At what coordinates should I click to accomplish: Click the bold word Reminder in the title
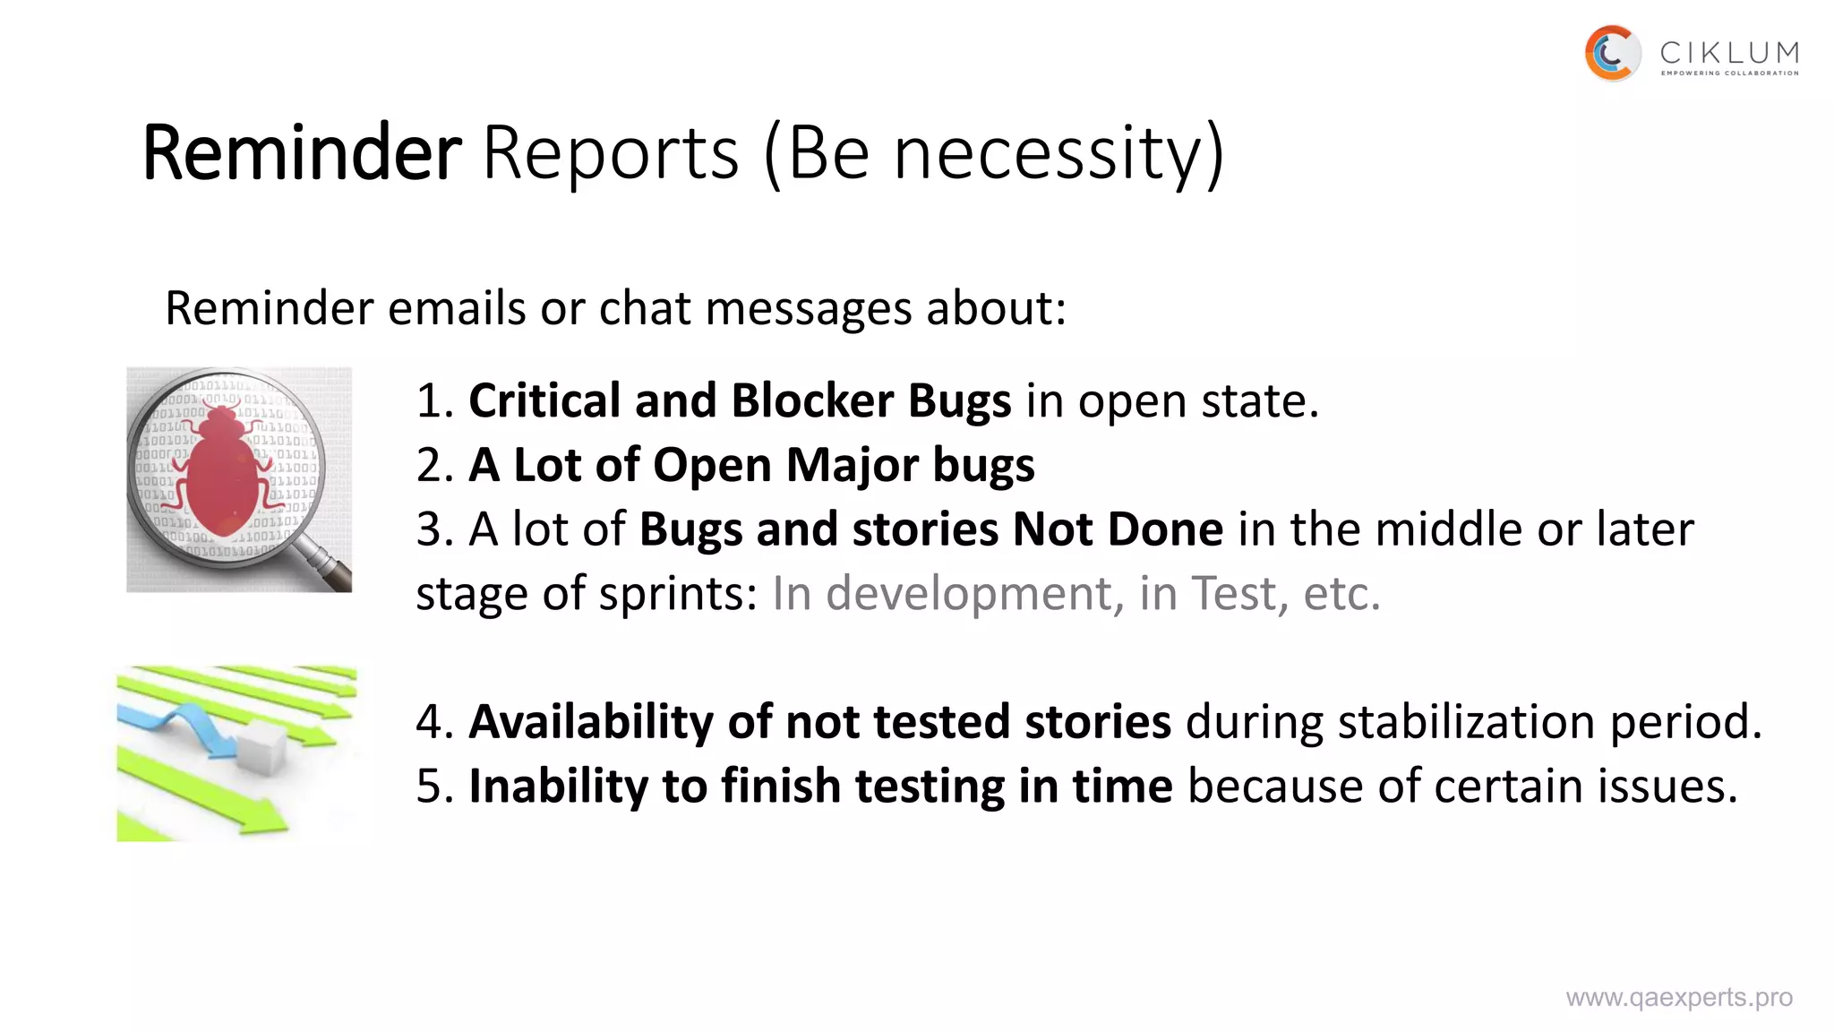[x=302, y=152]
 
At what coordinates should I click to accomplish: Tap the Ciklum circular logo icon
[x=1612, y=54]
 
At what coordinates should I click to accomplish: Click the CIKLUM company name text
[x=1729, y=53]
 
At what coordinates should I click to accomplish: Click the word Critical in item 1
[x=544, y=400]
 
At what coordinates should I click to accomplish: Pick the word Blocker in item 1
[x=812, y=400]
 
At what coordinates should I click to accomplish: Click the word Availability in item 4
[x=591, y=722]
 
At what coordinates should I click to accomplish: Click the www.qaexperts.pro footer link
[x=1679, y=997]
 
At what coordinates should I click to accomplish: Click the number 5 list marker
[x=430, y=787]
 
